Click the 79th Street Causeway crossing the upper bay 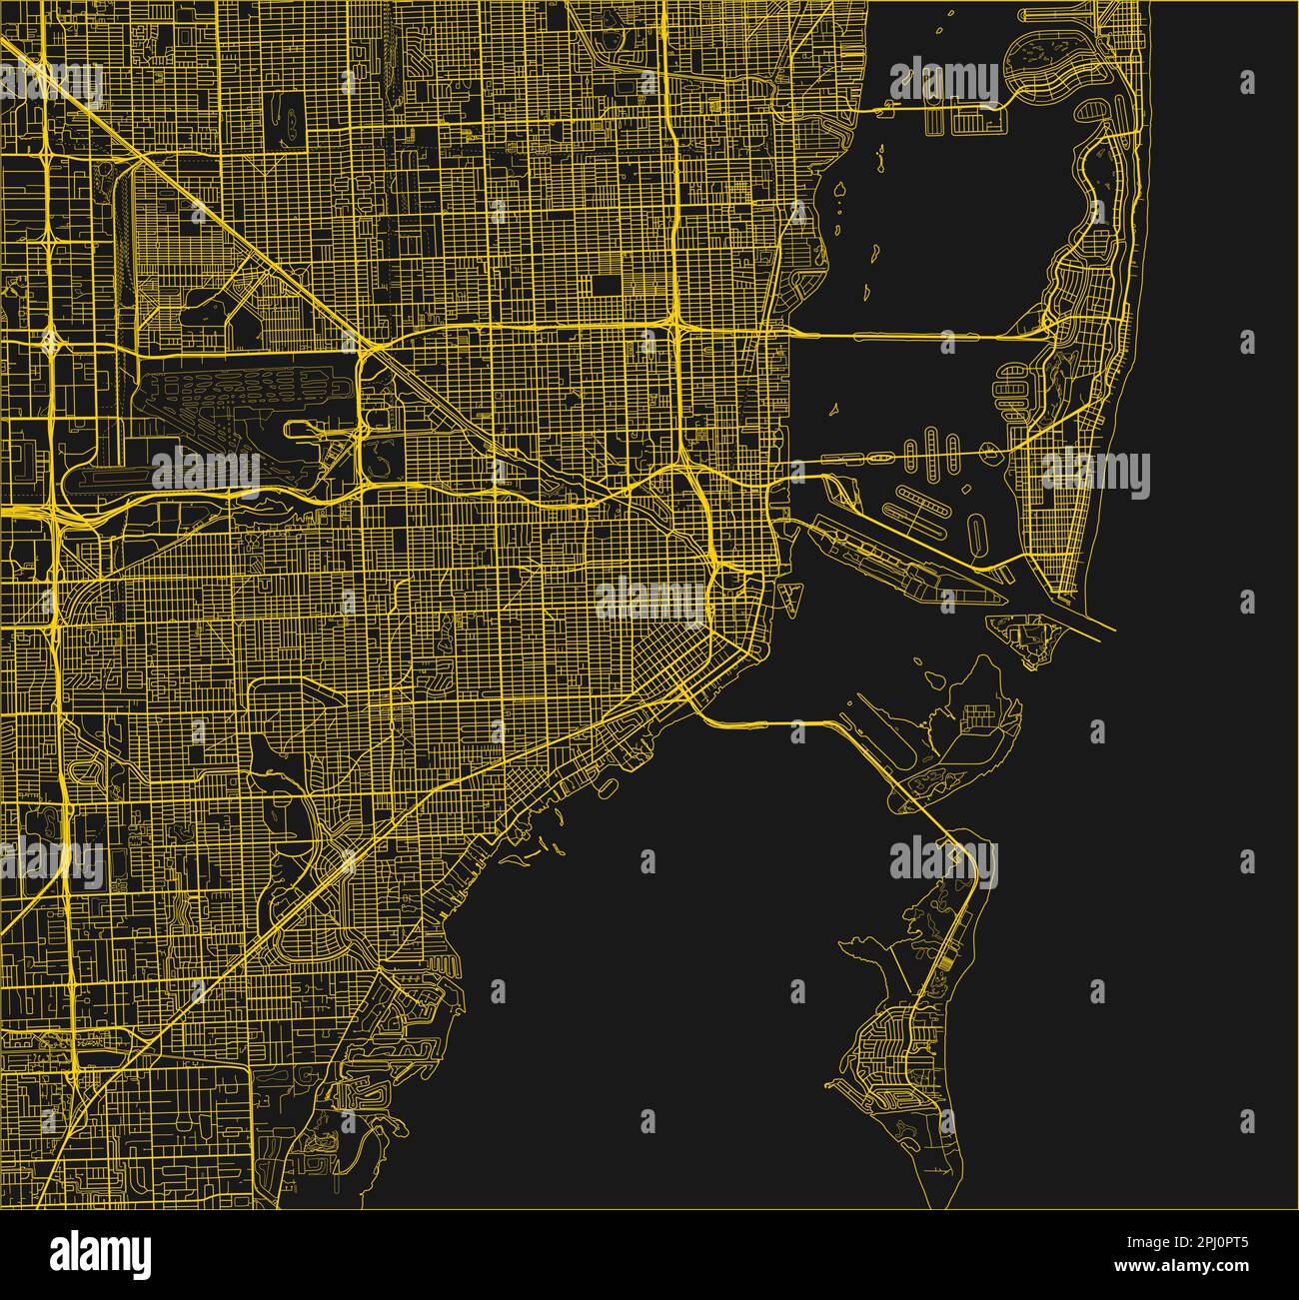click(x=939, y=106)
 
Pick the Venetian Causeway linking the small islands click(x=899, y=455)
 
